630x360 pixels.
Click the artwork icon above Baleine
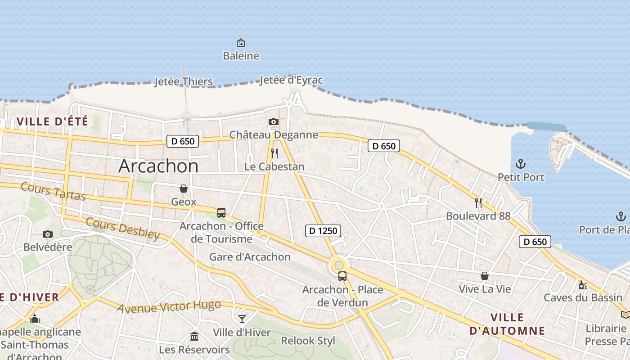[241, 43]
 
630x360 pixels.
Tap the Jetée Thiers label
[183, 81]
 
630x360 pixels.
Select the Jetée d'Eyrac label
[291, 80]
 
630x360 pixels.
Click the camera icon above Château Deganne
[273, 121]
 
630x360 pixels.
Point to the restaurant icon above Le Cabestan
[274, 153]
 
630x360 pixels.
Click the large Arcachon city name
[158, 166]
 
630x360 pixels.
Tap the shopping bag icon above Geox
[184, 189]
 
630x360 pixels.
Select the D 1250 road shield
[323, 231]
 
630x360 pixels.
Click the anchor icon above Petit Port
[521, 164]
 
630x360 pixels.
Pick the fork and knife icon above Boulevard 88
[478, 203]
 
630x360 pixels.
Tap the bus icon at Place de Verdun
[342, 276]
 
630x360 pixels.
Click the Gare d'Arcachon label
[250, 257]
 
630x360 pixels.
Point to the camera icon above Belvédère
[48, 234]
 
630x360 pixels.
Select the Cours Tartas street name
[53, 191]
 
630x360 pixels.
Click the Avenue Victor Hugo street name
[169, 306]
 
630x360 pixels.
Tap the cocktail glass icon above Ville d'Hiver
[242, 319]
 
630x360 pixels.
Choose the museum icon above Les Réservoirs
[194, 336]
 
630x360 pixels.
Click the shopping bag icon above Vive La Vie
[485, 276]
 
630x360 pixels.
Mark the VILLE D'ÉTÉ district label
[52, 121]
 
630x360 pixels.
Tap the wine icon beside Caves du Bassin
[583, 285]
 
